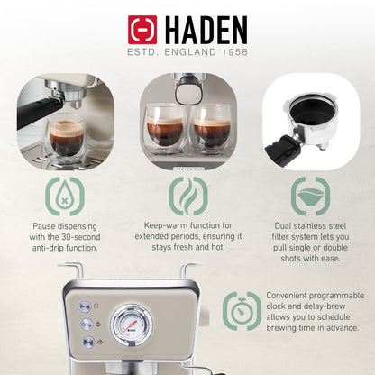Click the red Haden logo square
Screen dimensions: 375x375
coord(142,30)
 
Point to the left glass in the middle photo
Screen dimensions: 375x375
coord(165,128)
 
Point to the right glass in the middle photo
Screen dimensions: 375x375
coord(212,128)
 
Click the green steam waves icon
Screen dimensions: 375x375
coord(187,196)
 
